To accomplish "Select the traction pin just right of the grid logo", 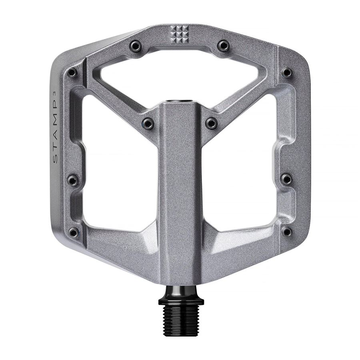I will point(224,45).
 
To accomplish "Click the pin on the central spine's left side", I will point(148,123).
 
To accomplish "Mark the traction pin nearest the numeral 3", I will point(72,73).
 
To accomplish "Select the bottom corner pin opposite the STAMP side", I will point(287,232).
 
